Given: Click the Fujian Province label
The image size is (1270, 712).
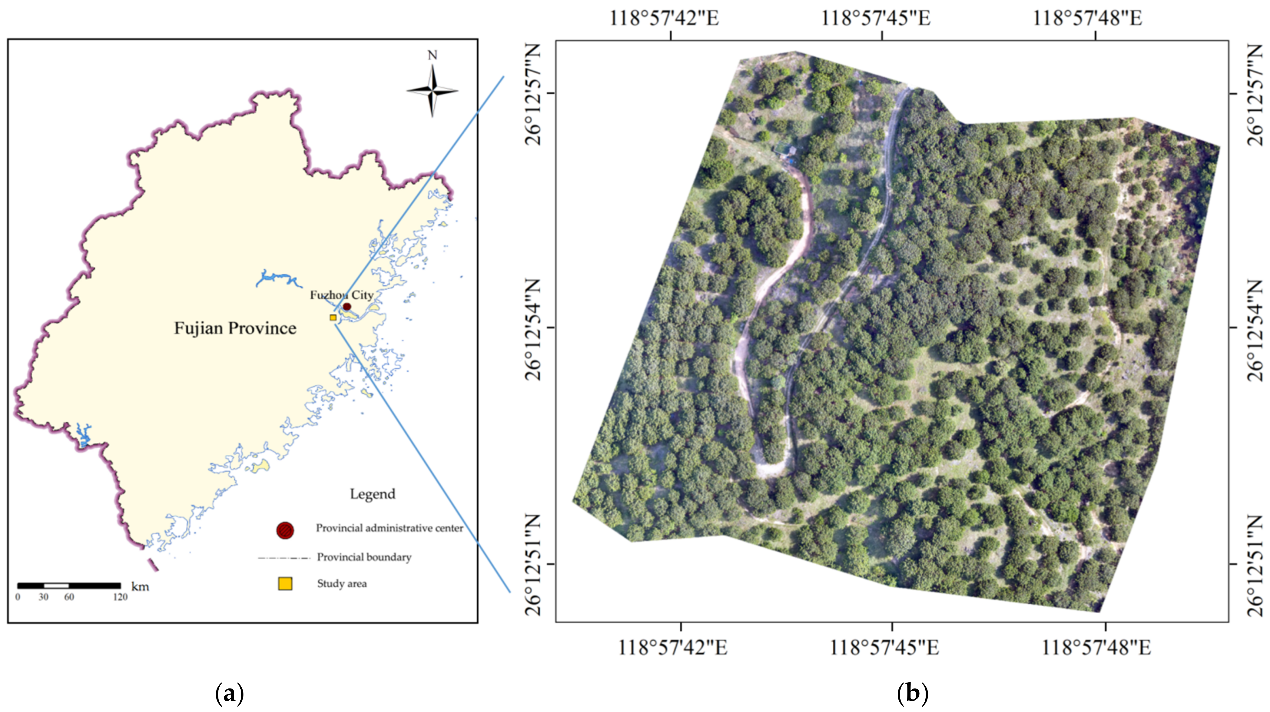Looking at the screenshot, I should pyautogui.click(x=235, y=328).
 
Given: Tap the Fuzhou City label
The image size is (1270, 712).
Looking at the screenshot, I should pyautogui.click(x=341, y=295).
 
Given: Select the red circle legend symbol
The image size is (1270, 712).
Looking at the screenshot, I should pyautogui.click(x=285, y=530).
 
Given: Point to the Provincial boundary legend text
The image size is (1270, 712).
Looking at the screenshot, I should pyautogui.click(x=364, y=557).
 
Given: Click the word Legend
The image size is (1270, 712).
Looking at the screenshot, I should pyautogui.click(x=372, y=494).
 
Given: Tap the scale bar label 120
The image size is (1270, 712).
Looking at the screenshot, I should pyautogui.click(x=120, y=597).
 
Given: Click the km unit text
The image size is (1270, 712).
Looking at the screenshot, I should pyautogui.click(x=140, y=587).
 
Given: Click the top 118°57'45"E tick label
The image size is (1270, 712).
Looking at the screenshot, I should pyautogui.click(x=875, y=18).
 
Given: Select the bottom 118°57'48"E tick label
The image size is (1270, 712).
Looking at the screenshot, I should pyautogui.click(x=1096, y=647).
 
